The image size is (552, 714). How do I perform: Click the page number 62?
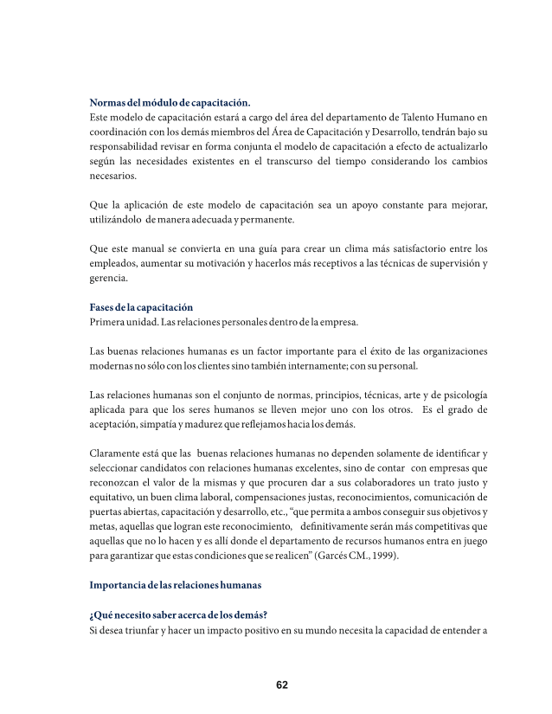[282, 685]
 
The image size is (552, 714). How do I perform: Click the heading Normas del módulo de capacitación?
[170, 102]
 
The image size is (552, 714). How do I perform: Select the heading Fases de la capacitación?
[141, 307]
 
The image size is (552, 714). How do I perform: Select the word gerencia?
[109, 278]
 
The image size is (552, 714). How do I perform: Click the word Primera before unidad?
[110, 322]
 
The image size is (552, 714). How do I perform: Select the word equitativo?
[116, 498]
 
